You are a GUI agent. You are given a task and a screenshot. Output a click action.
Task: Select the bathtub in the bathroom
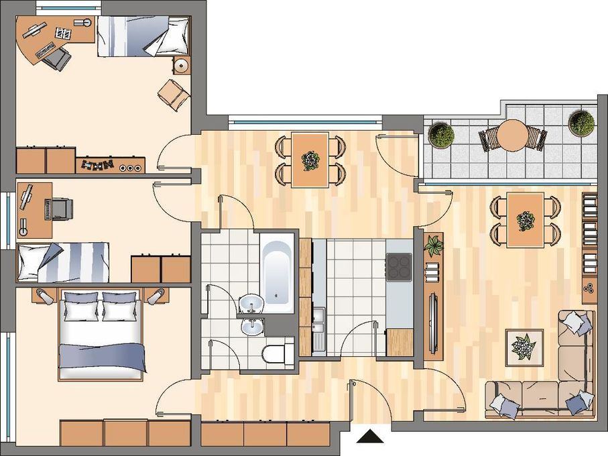pyautogui.click(x=276, y=272)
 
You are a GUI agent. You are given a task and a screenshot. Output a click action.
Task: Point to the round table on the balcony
pyautogui.click(x=513, y=135)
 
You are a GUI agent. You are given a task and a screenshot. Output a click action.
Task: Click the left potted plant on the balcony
pyautogui.click(x=441, y=135)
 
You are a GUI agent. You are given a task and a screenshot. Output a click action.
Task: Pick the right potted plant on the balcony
pyautogui.click(x=581, y=123)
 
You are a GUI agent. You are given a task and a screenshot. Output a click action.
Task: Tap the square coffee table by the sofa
pyautogui.click(x=524, y=347)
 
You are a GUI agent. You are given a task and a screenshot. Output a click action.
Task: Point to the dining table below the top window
pyautogui.click(x=310, y=158)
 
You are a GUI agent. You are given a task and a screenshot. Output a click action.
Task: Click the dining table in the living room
pyautogui.click(x=525, y=219)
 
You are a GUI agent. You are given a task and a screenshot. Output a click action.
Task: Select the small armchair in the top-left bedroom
pyautogui.click(x=174, y=95)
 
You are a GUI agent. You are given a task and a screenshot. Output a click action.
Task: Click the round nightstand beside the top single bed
pyautogui.click(x=181, y=66)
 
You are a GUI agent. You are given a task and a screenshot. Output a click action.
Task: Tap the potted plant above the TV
pyautogui.click(x=434, y=246)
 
